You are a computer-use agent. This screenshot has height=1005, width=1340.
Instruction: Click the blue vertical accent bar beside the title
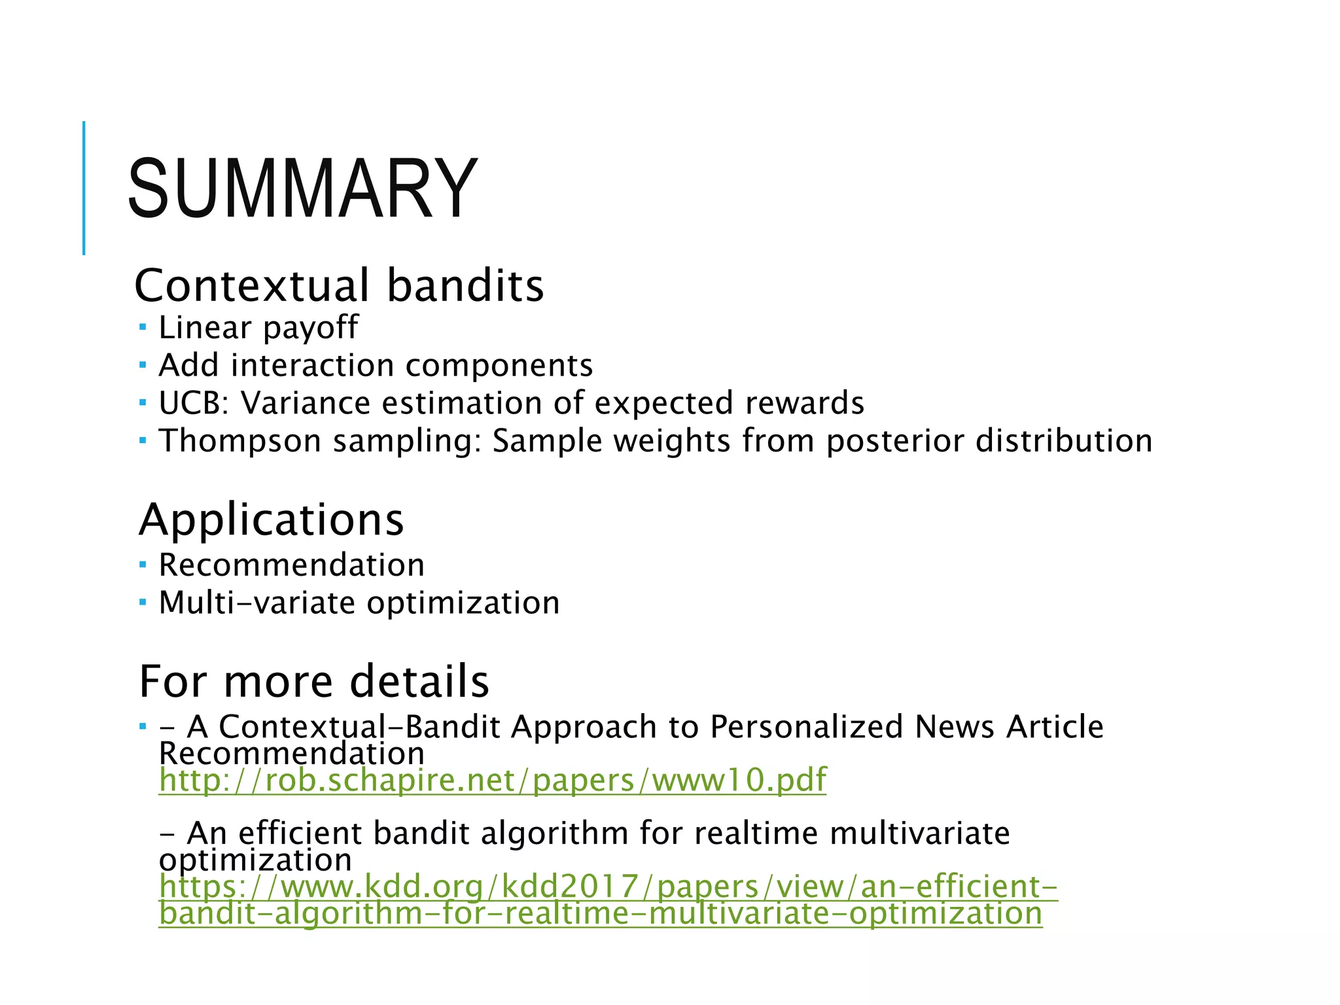(x=84, y=188)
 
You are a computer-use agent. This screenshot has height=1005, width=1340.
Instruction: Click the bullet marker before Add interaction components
(x=143, y=364)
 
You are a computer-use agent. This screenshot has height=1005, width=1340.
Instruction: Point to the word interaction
(x=313, y=365)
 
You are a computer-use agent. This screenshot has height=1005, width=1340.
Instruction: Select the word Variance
(x=306, y=403)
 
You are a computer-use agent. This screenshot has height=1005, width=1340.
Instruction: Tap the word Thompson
(x=239, y=441)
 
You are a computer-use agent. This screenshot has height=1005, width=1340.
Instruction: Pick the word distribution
(x=1064, y=441)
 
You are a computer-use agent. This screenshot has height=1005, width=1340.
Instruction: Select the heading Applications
(x=272, y=520)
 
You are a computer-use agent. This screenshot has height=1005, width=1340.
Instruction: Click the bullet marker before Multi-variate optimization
(x=143, y=602)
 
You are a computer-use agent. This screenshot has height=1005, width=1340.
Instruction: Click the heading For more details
(x=314, y=681)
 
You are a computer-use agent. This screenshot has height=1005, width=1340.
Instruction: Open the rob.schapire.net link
(x=492, y=780)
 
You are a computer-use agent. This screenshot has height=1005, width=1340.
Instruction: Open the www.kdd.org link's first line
(x=608, y=887)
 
